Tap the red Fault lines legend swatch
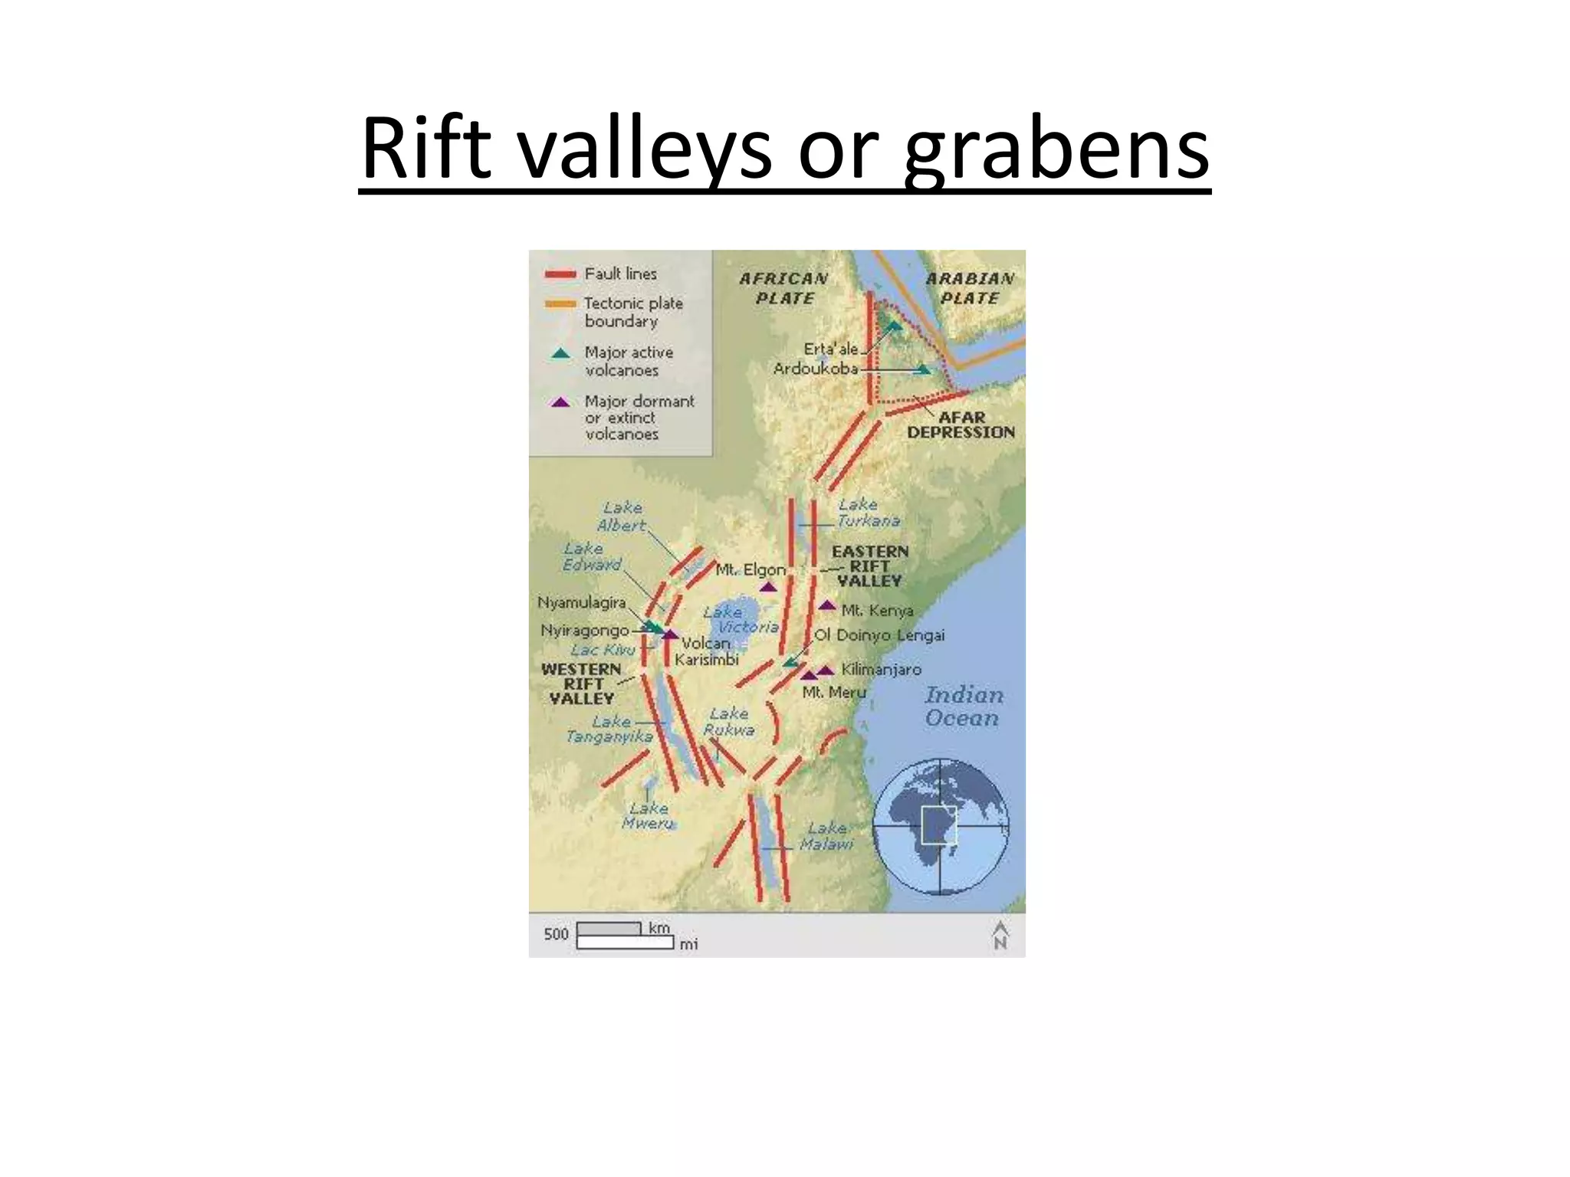560,274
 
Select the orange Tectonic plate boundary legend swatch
560,304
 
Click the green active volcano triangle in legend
561,353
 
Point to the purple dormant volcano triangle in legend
561,402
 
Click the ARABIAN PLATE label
970,288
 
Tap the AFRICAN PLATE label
783,288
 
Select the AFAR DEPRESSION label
961,425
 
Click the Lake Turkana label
868,513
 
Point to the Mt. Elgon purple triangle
768,588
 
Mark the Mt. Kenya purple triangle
826,605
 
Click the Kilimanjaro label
881,669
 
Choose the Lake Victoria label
740,619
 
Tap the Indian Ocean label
963,706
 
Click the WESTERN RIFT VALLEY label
581,684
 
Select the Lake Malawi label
826,836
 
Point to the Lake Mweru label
649,815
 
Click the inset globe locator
941,826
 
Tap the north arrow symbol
1000,935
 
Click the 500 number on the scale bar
556,934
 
